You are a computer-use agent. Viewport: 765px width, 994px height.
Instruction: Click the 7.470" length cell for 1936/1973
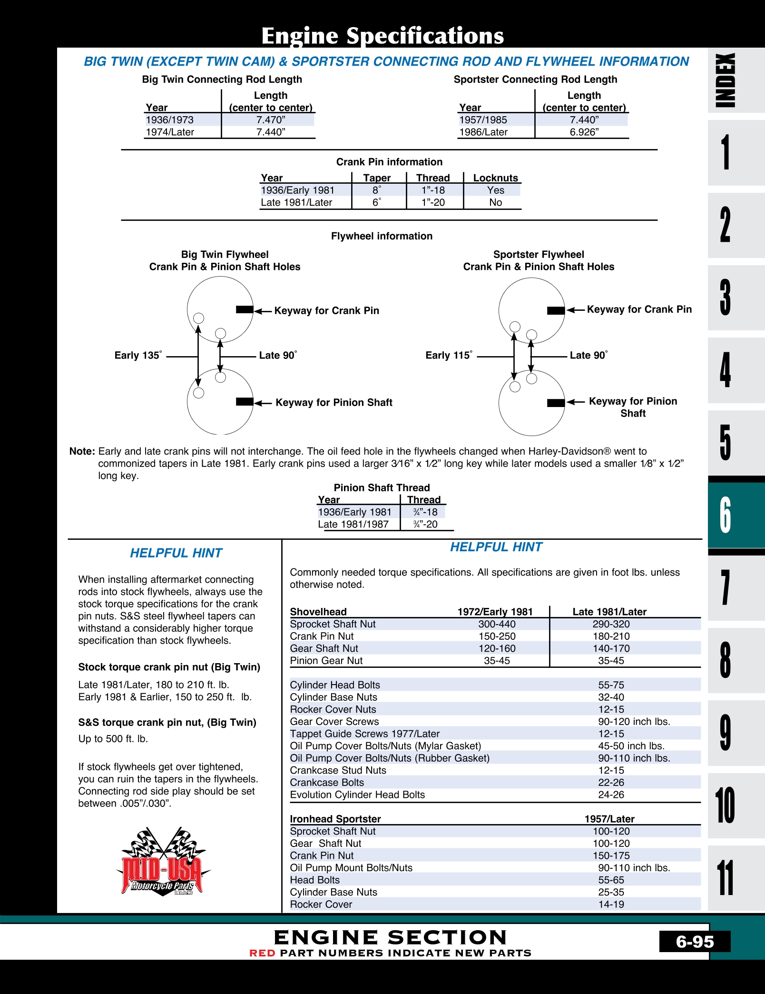click(270, 120)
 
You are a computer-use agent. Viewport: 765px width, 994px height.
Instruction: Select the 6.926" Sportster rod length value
click(584, 132)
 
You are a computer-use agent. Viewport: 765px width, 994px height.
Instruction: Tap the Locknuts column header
click(495, 178)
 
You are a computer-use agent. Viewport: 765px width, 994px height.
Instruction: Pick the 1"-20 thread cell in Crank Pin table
click(433, 202)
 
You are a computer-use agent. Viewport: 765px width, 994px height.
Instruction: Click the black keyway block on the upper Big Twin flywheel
click(245, 310)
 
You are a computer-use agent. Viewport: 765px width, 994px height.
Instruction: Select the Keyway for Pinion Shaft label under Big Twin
click(333, 403)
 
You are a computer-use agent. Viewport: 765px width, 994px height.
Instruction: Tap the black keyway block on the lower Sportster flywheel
click(556, 403)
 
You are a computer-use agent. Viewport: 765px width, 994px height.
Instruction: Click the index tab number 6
click(725, 515)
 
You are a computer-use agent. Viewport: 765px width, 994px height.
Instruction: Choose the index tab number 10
click(725, 805)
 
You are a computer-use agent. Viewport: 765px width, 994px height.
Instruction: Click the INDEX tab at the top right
click(726, 80)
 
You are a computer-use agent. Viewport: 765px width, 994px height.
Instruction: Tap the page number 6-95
click(695, 942)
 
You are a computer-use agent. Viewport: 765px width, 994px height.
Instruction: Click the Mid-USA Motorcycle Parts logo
click(163, 862)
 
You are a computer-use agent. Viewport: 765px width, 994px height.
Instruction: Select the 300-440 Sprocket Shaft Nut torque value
click(497, 624)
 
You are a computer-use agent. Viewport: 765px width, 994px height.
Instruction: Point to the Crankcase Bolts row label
click(327, 783)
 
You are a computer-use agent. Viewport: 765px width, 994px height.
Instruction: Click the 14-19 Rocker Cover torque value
click(611, 905)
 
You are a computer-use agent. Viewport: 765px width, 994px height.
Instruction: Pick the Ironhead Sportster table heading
click(335, 819)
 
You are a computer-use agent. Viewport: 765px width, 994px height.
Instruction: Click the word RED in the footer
click(262, 953)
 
